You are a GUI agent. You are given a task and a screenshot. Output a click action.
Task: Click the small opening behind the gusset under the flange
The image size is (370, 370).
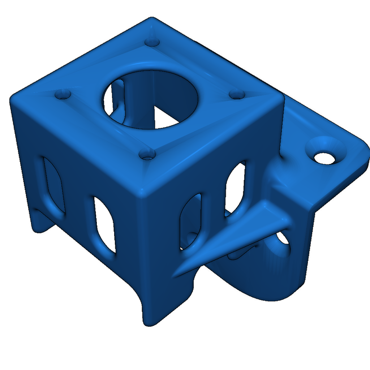point(284,240)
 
